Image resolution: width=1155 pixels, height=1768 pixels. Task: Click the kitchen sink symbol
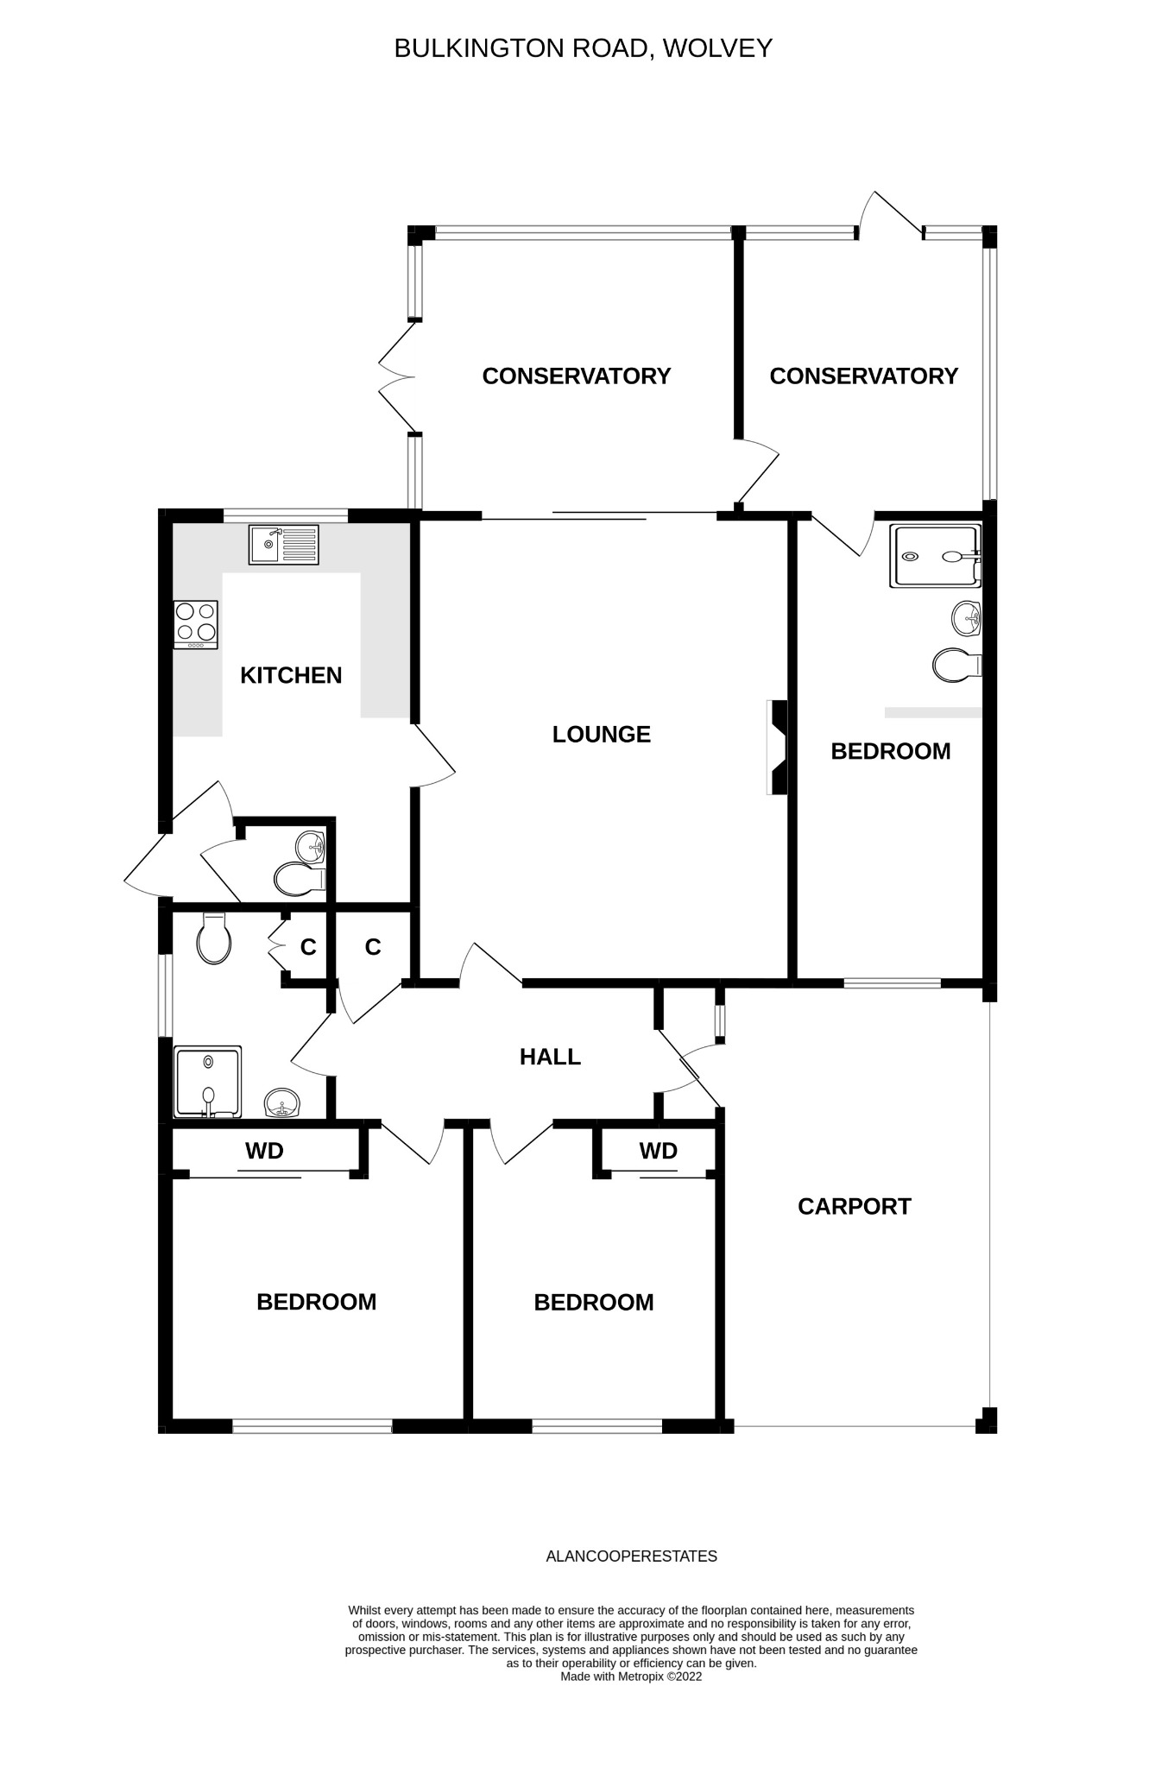(283, 545)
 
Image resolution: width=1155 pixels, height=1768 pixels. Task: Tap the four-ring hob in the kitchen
(196, 624)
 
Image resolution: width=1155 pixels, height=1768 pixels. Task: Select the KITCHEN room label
(291, 675)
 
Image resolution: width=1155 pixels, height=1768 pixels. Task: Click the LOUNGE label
(601, 734)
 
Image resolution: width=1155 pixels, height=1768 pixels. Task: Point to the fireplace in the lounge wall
(778, 747)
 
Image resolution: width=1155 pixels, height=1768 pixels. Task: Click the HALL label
(550, 1057)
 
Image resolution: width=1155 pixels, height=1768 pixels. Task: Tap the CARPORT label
(854, 1206)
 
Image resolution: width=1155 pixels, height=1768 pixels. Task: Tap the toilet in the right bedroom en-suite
(956, 666)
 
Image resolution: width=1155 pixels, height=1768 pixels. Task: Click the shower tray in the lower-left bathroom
(207, 1082)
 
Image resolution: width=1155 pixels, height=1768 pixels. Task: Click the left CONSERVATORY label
(576, 376)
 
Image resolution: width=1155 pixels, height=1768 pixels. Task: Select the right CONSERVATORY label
(863, 376)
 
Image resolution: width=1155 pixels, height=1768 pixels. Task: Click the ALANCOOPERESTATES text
(631, 1556)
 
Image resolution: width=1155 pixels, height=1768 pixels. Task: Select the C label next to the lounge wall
(373, 947)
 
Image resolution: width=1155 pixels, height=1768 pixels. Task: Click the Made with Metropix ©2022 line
(631, 1676)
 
